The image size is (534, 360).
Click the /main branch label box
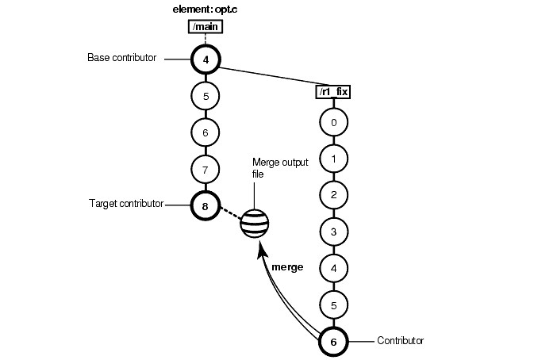205,28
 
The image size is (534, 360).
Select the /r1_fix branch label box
333,92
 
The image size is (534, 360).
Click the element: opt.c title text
206,10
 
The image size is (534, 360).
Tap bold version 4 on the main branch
206,59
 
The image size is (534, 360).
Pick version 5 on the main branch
206,96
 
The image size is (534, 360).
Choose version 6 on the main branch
206,132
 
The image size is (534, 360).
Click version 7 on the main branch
206,169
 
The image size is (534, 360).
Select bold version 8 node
206,205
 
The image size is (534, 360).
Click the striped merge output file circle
255,224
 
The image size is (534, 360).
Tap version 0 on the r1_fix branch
333,122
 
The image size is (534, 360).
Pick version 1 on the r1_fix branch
333,159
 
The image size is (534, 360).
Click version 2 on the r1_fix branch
333,195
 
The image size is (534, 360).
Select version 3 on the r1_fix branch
333,232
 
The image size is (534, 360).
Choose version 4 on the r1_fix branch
333,268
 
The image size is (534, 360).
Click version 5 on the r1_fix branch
333,304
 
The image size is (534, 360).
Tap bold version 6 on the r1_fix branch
333,341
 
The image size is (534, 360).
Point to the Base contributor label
121,58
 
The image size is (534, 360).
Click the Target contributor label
125,204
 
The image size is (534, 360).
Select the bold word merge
287,267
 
